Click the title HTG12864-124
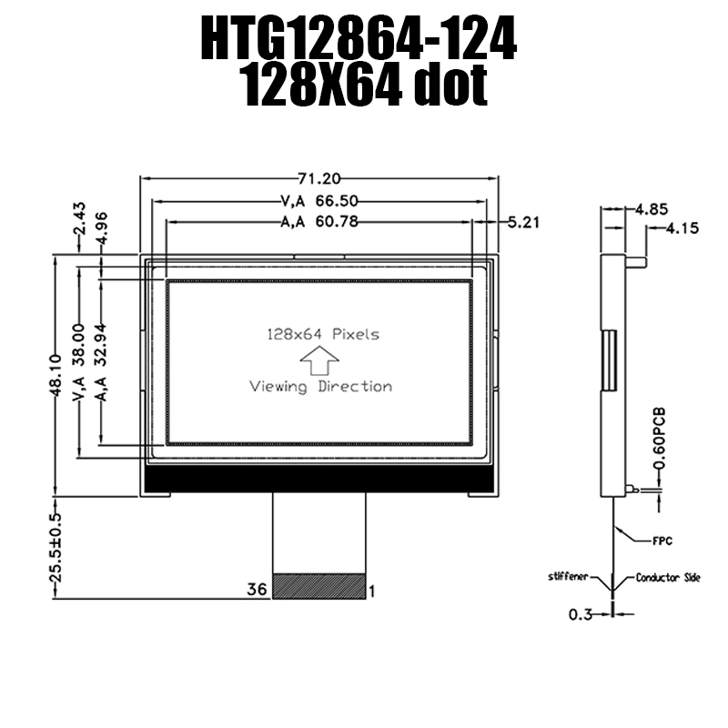(359, 38)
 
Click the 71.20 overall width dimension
(319, 178)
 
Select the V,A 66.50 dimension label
(319, 201)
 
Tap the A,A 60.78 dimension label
(319, 222)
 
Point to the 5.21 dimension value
(524, 223)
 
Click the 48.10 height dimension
(56, 375)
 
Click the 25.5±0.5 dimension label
(56, 547)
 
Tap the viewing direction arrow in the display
(319, 359)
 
